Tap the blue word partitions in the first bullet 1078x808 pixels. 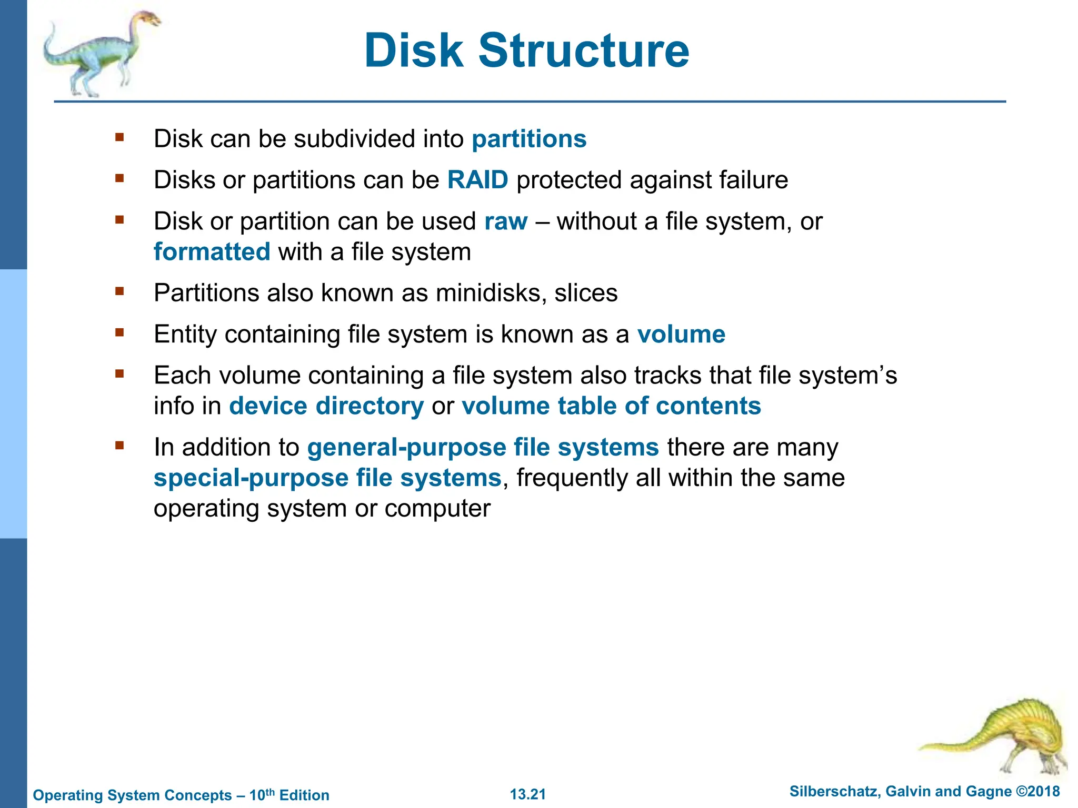pos(529,139)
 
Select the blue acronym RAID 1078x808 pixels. pos(477,180)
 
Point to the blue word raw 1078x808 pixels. pos(505,221)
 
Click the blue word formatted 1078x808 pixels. pos(212,252)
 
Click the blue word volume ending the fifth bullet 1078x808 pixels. pos(681,335)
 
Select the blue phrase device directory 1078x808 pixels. pos(326,406)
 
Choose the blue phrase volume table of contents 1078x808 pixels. pos(611,406)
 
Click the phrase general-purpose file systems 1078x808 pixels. pos(483,448)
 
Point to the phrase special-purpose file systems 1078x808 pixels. pos(327,478)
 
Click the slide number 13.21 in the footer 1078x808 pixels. pos(528,794)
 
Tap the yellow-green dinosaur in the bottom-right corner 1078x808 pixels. pos(1011,736)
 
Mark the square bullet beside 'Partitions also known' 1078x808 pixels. pos(119,291)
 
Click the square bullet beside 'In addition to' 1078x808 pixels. pos(119,446)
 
